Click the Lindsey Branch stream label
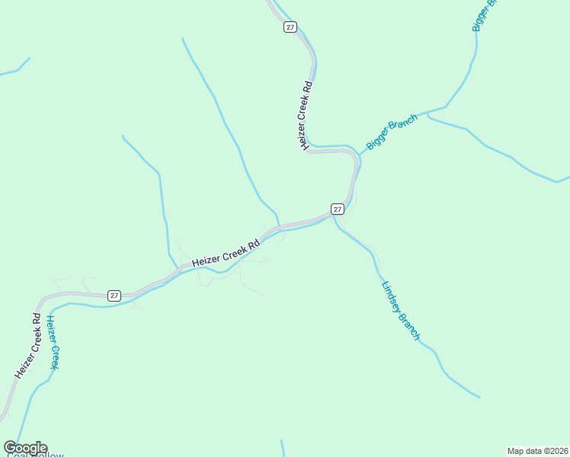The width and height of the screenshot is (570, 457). coord(400,311)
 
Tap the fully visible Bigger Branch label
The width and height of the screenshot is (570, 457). coord(392,132)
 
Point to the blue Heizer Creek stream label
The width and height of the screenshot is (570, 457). coord(52,342)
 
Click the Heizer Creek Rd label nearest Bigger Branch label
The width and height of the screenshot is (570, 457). coord(306,116)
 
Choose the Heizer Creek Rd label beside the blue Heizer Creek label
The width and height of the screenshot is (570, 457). coord(27,345)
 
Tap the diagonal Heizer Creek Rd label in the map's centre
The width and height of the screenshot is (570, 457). coord(226,253)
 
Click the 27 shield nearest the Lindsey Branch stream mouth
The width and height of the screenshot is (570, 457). coord(338,209)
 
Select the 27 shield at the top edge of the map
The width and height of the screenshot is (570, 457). coord(290,27)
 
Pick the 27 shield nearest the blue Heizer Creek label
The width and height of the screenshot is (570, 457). coord(114,295)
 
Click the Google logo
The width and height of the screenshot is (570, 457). coord(25,447)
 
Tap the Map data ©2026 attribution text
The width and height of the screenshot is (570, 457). coord(537,450)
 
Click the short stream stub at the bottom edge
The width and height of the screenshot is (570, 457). coord(283,448)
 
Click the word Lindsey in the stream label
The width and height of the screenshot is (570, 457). coord(389,296)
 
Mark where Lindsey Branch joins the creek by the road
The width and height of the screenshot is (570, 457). coord(335,217)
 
